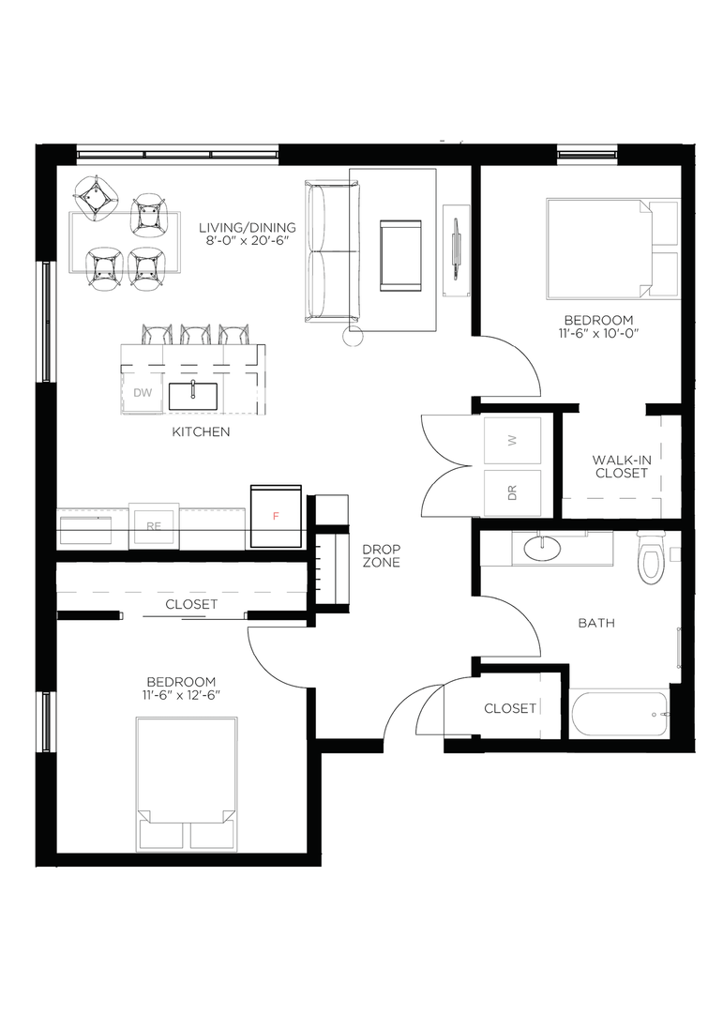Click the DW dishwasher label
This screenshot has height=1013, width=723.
143,393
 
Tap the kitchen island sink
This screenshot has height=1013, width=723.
192,396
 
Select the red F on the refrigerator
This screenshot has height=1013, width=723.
276,516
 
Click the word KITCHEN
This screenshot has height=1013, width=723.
201,431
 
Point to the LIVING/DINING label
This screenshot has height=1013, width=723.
248,227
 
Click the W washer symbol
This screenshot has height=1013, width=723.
513,440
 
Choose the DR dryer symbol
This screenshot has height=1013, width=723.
513,493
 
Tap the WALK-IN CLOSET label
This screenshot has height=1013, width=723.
622,466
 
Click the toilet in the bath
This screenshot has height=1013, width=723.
650,557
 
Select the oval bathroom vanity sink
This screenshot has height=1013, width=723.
541,549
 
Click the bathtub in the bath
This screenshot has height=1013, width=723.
619,714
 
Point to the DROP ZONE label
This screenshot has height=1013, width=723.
382,555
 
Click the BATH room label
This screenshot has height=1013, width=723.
596,624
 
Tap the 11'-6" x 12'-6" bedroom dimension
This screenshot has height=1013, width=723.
181,695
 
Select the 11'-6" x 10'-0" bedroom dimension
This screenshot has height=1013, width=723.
597,333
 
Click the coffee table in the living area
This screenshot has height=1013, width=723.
400,256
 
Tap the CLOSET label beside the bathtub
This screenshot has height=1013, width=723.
510,709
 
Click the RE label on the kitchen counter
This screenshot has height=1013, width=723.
153,526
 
